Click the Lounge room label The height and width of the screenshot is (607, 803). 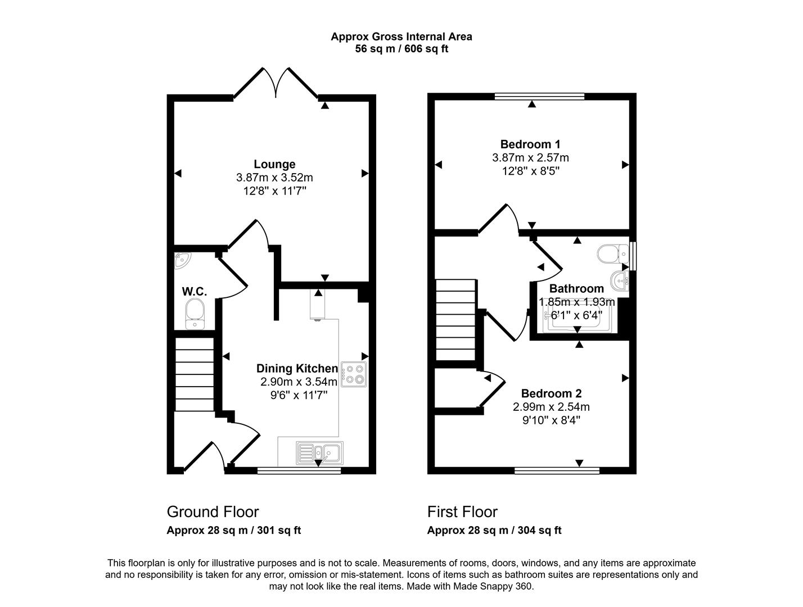coord(274,164)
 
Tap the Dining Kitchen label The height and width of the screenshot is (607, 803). coord(297,369)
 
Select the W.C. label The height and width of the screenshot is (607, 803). coord(195,292)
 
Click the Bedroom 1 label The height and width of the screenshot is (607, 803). coord(530,144)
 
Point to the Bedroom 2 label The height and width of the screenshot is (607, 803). coord(551,393)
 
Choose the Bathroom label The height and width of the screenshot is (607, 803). coord(576,289)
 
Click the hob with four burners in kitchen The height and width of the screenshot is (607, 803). coord(354,374)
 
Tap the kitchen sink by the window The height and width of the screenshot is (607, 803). coord(319,451)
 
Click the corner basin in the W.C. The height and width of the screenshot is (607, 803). coord(182,260)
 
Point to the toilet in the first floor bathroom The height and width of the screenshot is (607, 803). coord(612,254)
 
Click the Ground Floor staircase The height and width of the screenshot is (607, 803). coord(195,374)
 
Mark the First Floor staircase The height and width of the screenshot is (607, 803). coord(455,323)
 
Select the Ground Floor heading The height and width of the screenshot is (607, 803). coord(213,512)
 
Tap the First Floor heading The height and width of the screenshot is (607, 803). coord(462,512)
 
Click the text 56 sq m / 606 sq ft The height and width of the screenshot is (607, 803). coord(401,49)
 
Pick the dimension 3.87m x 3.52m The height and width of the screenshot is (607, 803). coord(274,178)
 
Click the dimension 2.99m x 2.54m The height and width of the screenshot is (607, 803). coord(551,407)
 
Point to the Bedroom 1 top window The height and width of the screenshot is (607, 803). coord(539,97)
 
